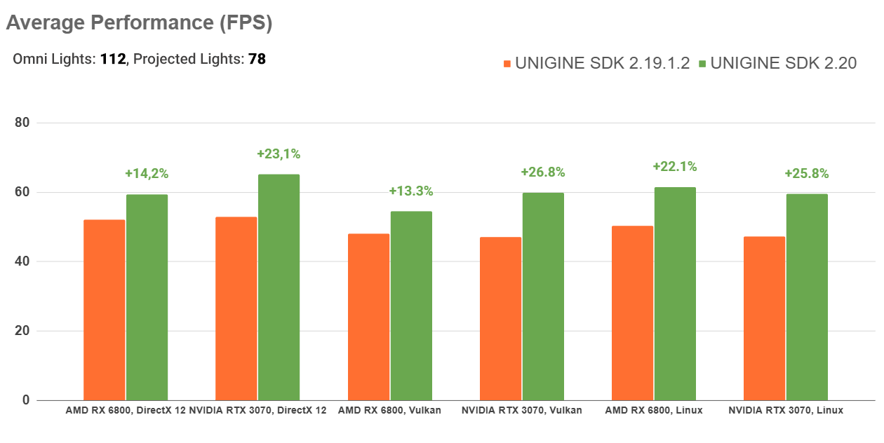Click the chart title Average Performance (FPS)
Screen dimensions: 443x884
click(139, 23)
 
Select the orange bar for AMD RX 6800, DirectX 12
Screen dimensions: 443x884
click(105, 310)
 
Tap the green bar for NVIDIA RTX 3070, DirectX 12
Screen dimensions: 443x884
click(279, 287)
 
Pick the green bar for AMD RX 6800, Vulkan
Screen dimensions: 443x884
click(411, 306)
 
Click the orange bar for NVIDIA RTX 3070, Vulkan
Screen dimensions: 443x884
click(500, 319)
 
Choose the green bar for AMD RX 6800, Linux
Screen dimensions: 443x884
click(675, 294)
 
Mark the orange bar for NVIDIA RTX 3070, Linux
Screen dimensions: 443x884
click(764, 318)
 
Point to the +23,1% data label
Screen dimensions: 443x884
click(279, 154)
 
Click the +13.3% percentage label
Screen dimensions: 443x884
click(411, 191)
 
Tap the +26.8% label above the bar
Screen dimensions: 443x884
click(543, 172)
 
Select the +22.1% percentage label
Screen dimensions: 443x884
click(675, 166)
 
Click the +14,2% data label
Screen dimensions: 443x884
click(147, 173)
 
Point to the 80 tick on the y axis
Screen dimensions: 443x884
click(23, 123)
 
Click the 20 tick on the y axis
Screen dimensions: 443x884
click(23, 331)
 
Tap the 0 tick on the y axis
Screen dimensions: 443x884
click(27, 400)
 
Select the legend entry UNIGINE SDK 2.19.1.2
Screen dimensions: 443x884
click(603, 63)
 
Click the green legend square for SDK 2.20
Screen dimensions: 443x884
click(703, 64)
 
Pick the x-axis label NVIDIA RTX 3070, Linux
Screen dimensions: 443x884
click(786, 410)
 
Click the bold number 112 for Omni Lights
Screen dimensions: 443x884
click(112, 59)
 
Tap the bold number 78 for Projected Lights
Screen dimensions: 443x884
click(257, 59)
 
